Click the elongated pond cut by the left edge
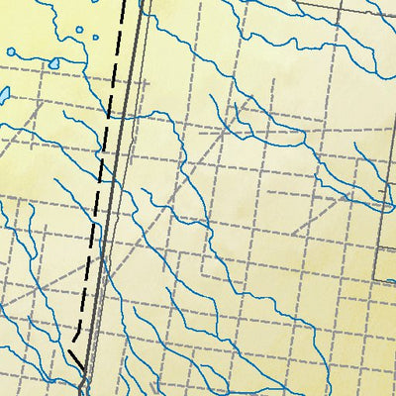click(x=3, y=95)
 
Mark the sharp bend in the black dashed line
click(x=75, y=337)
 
